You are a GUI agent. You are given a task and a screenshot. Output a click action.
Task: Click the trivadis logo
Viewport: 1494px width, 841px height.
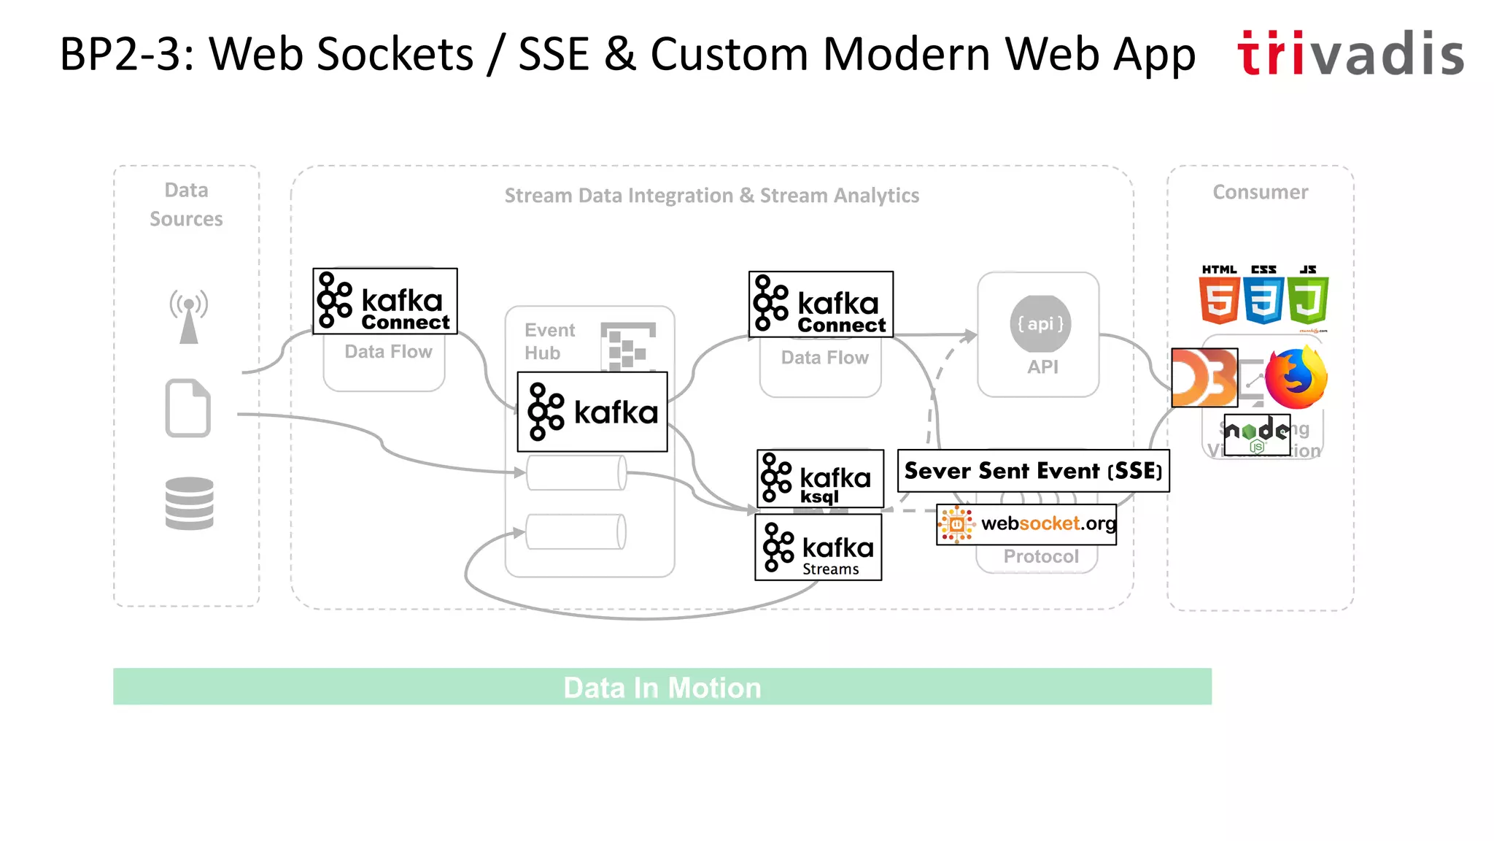pyautogui.click(x=1350, y=53)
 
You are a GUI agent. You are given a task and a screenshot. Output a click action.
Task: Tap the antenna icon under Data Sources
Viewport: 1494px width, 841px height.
pyautogui.click(x=189, y=316)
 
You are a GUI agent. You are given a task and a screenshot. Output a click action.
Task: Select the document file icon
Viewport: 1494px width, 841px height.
pyautogui.click(x=188, y=408)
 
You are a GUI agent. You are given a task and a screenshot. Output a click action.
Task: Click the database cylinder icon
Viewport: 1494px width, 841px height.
pyautogui.click(x=189, y=503)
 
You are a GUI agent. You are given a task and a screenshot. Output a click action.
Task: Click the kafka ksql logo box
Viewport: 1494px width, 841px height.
pyautogui.click(x=820, y=479)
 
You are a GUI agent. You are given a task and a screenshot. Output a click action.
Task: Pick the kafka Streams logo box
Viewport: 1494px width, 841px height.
pyautogui.click(x=818, y=548)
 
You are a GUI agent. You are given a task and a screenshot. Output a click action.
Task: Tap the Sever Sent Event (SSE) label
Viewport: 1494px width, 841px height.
pyautogui.click(x=1033, y=471)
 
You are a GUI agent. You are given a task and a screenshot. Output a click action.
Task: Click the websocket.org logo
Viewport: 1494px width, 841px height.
pyautogui.click(x=1026, y=524)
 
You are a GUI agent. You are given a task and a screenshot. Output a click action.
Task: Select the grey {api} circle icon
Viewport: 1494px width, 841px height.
pyautogui.click(x=1040, y=323)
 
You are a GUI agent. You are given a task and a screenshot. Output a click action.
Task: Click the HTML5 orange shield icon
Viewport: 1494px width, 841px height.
pyautogui.click(x=1219, y=299)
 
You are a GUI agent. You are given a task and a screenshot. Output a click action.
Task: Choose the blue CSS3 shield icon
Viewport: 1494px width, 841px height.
pyautogui.click(x=1263, y=299)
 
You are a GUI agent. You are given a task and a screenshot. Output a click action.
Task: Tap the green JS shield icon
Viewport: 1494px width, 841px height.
pyautogui.click(x=1308, y=299)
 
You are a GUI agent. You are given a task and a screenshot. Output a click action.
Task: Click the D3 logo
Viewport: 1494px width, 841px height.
pyautogui.click(x=1204, y=377)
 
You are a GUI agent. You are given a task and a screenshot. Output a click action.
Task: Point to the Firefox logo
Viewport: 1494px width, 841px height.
pyautogui.click(x=1296, y=378)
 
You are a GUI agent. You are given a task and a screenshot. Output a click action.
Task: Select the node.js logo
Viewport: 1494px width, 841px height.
pyautogui.click(x=1256, y=434)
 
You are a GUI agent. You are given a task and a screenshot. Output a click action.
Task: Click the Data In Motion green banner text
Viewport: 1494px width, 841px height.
pyautogui.click(x=662, y=688)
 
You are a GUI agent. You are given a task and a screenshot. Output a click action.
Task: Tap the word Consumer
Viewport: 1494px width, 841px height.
pyautogui.click(x=1260, y=192)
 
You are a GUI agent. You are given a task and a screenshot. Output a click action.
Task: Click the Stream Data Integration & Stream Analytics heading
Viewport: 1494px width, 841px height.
pyautogui.click(x=711, y=196)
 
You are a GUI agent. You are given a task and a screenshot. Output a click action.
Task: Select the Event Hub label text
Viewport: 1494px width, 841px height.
pyautogui.click(x=549, y=341)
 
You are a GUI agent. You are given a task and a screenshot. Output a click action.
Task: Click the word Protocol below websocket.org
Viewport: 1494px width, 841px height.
pyautogui.click(x=1040, y=556)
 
